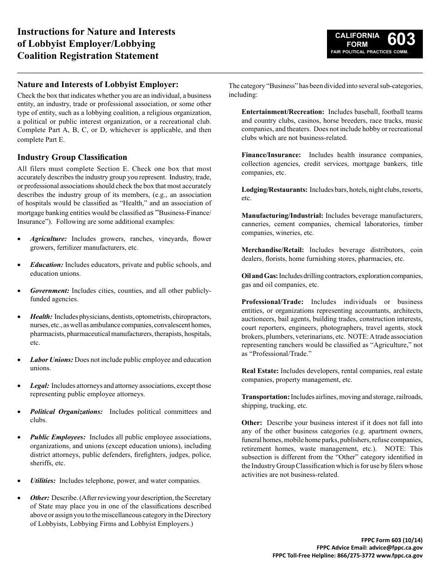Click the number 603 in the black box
[x=401, y=39]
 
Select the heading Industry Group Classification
[x=72, y=157]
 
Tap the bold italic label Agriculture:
[x=49, y=239]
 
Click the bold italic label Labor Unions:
[x=51, y=360]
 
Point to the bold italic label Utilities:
[x=43, y=481]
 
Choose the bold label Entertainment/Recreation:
[x=283, y=112]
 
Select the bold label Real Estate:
[x=260, y=371]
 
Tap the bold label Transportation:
[x=265, y=397]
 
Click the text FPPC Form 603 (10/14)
[x=392, y=540]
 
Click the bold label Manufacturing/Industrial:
[x=283, y=215]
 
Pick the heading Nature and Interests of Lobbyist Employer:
[x=98, y=84]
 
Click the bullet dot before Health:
[x=19, y=317]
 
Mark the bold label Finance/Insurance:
[x=271, y=155]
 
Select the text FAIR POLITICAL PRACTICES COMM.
[x=369, y=52]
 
